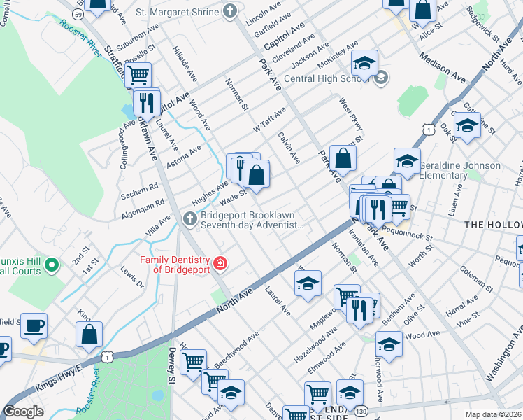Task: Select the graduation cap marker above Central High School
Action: (364, 64)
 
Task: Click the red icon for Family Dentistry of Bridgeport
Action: (221, 264)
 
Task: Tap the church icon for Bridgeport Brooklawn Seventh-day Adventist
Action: (189, 219)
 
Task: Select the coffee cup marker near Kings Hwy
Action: (34, 326)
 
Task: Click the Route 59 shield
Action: (78, 14)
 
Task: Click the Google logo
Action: (23, 411)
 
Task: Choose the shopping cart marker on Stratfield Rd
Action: (138, 74)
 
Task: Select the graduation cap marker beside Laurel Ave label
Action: (308, 283)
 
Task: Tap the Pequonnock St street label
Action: (408, 234)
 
